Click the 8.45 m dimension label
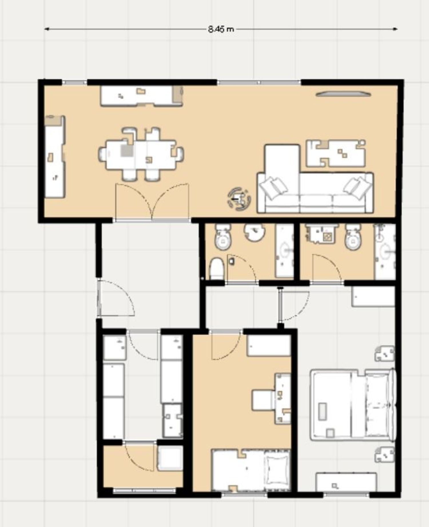click(221, 29)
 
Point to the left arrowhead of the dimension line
click(47, 29)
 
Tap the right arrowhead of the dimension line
click(395, 29)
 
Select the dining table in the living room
click(141, 155)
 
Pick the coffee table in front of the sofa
click(336, 153)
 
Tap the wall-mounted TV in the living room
click(343, 94)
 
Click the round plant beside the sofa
click(239, 199)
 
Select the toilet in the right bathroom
click(353, 237)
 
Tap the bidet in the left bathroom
click(217, 269)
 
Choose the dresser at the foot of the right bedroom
click(346, 482)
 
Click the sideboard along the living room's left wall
click(55, 157)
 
